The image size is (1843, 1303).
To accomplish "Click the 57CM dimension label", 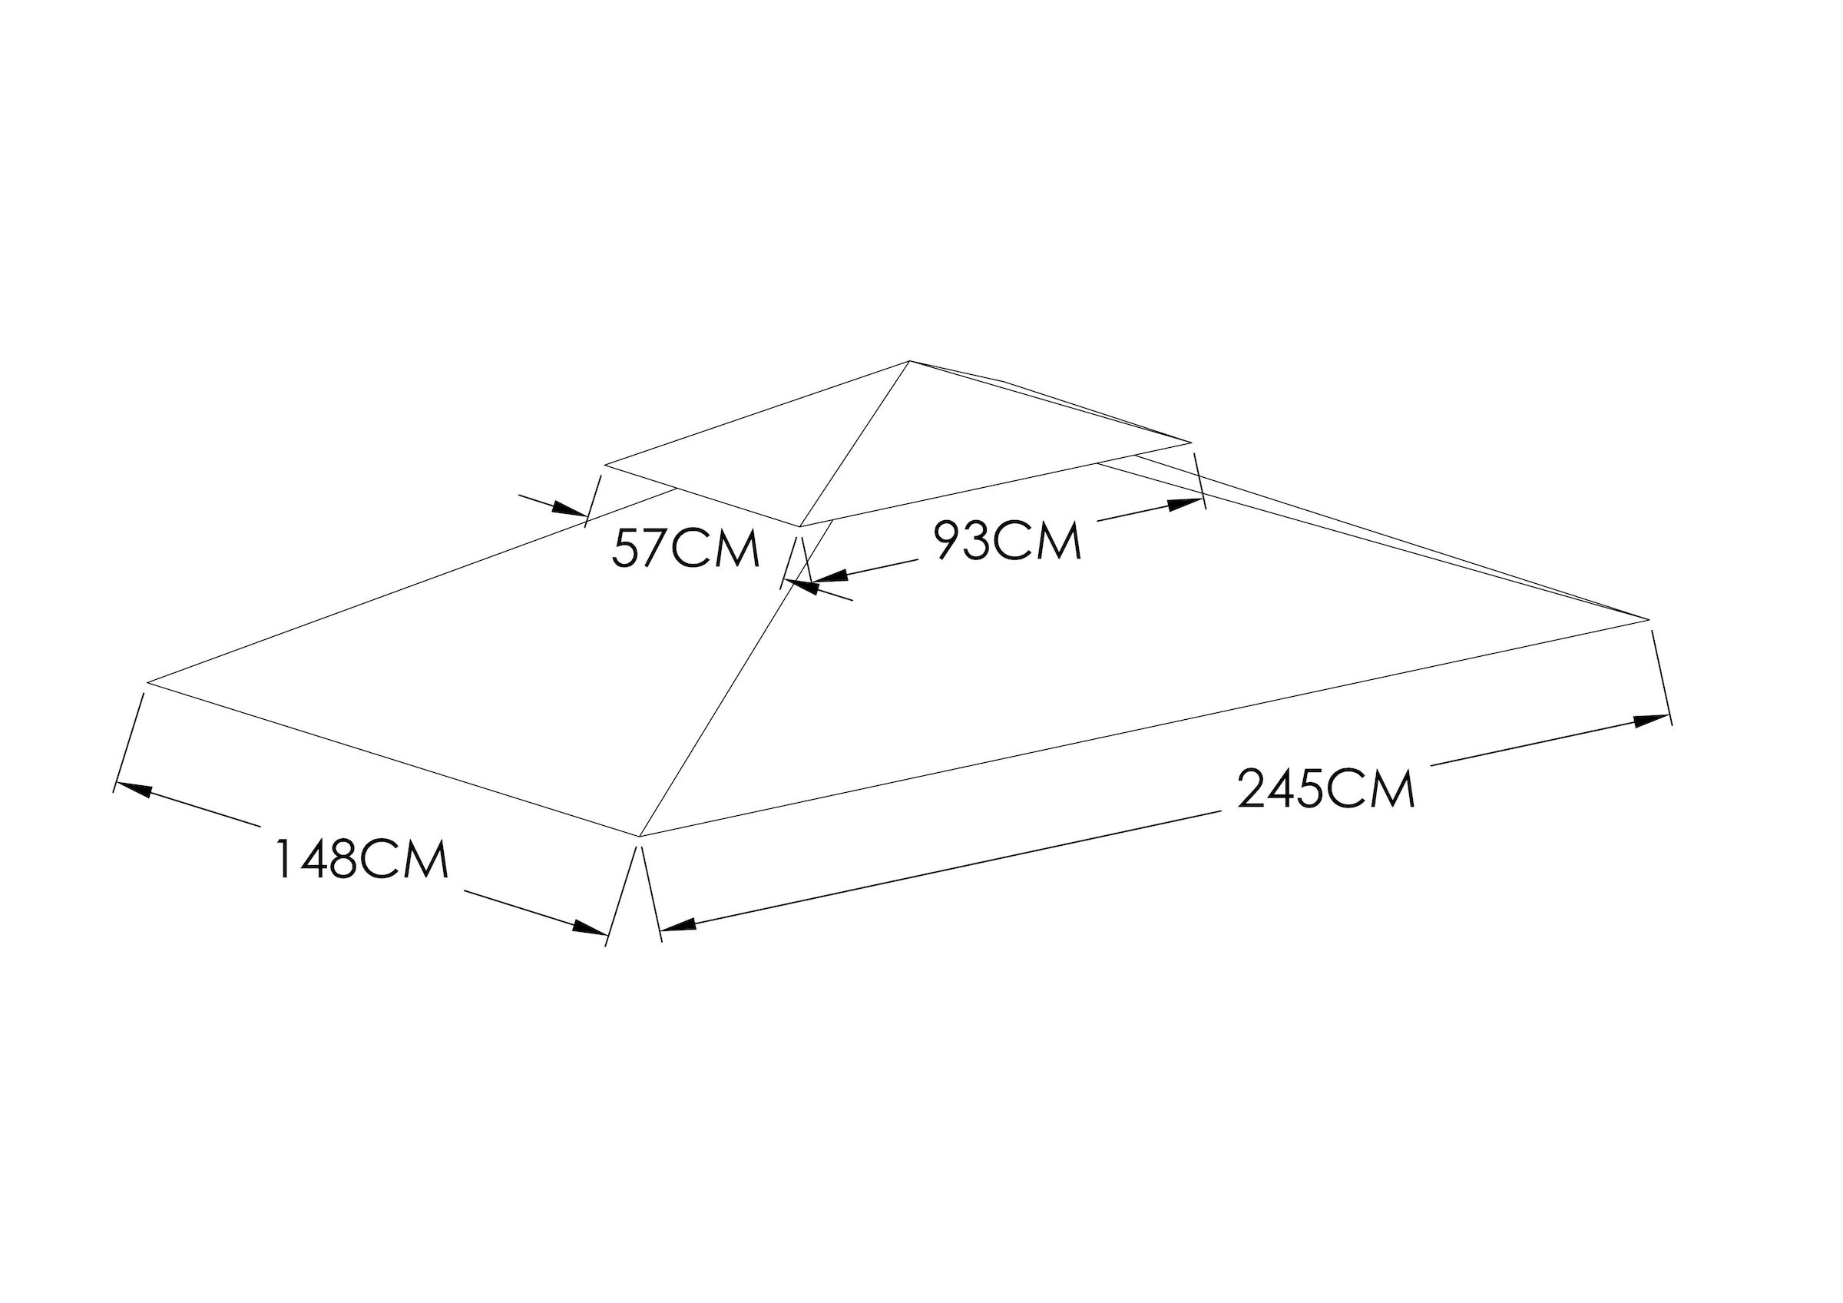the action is pos(686,549).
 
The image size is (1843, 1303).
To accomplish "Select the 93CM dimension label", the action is pos(1008,540).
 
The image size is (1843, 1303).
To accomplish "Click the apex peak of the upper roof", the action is pos(909,361).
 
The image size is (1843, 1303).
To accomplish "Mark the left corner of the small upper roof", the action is pos(604,464).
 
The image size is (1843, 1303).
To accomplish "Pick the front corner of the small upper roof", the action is pos(800,527).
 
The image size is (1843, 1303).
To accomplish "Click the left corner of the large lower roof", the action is pos(147,682).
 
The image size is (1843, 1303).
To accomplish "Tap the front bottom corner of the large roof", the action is pos(640,837).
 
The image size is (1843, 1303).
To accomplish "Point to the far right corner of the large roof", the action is pos(1648,620).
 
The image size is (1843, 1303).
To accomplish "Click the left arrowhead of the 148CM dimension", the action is pos(134,788).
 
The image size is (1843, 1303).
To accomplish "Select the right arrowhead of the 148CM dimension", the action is pos(588,928).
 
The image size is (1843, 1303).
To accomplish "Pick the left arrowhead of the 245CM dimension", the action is pos(678,926).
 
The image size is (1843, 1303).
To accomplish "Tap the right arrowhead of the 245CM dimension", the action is pos(1651,720).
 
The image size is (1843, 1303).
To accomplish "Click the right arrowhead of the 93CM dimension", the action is pos(1186,504).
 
